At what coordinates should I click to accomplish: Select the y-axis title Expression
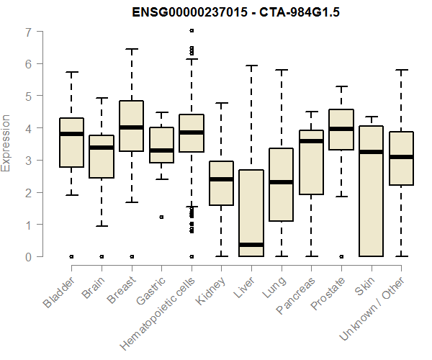[6, 143]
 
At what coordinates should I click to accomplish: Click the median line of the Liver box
[251, 245]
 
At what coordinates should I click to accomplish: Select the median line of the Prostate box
[341, 129]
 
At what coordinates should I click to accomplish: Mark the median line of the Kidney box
[221, 179]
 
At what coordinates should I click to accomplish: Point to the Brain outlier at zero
[102, 256]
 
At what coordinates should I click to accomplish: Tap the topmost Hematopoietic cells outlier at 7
[192, 31]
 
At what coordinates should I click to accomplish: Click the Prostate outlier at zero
[341, 256]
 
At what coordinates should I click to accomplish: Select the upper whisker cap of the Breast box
[132, 49]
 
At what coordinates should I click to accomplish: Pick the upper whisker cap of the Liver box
[251, 66]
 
